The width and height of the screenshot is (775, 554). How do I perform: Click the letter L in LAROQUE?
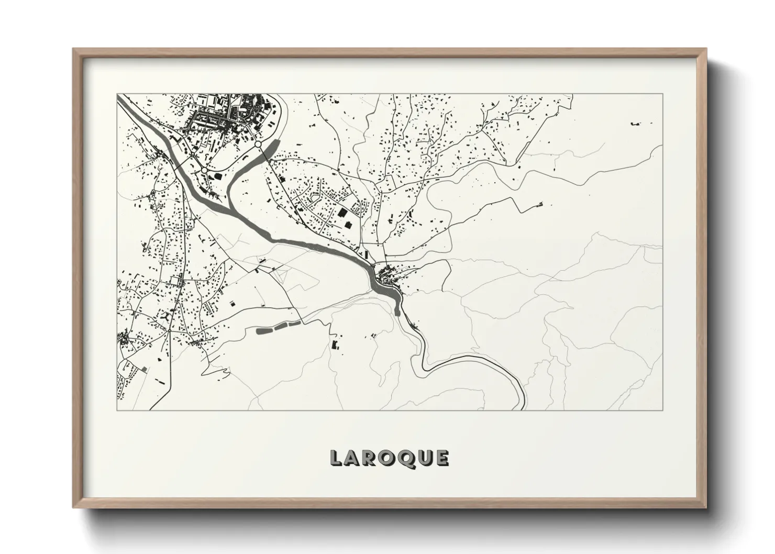click(336, 458)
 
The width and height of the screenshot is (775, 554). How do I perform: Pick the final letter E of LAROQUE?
click(441, 458)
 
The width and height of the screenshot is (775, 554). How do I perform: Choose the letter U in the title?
click(423, 458)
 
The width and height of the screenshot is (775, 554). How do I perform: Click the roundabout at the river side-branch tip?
click(258, 143)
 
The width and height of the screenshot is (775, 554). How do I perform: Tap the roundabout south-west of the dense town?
click(204, 170)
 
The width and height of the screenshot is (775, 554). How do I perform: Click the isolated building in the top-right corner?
click(636, 124)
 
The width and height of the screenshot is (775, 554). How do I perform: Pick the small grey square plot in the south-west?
click(143, 369)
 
